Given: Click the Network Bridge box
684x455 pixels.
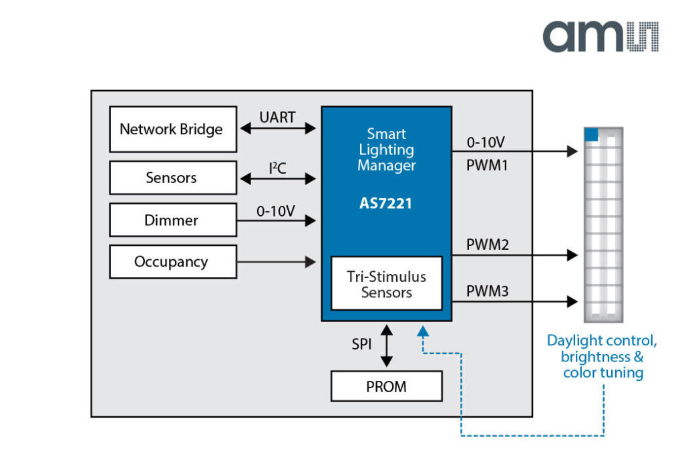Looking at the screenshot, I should pos(172,129).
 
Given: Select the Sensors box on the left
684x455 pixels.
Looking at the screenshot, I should pos(172,178).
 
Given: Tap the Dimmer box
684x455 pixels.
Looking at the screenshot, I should pos(172,220).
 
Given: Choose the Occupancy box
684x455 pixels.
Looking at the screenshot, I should pos(172,262).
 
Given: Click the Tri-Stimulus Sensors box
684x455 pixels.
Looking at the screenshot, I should pos(387,283).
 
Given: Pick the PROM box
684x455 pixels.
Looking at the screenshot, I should pos(387,386).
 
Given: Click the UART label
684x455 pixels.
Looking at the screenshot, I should pos(277,117).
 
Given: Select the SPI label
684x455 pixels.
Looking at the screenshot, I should pos(362,345).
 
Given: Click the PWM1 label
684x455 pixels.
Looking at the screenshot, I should pos(487,165).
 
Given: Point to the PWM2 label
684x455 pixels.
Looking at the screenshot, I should pos(487,245).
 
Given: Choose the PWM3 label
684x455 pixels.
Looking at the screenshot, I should pos(487,291).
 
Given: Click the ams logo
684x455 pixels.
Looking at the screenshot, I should pos(600,36).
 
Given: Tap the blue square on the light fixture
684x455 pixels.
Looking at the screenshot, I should pos(590,134).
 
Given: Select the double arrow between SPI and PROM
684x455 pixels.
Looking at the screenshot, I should pos(387,345).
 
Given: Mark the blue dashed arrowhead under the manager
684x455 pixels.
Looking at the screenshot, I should pos(422,329).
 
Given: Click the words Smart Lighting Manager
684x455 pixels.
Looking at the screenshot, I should pos(386,150).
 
